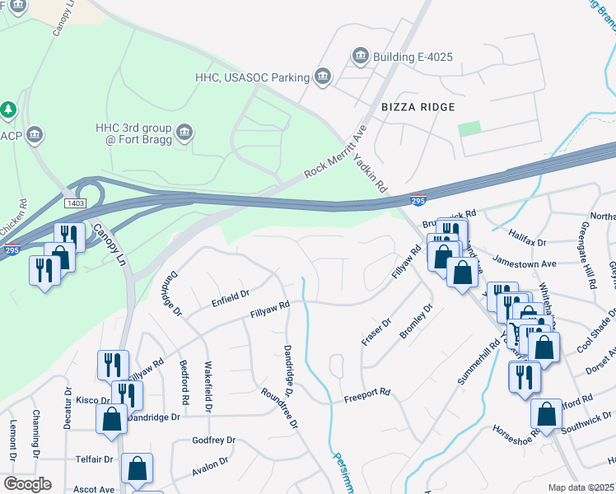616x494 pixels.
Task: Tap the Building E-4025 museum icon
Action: pyautogui.click(x=360, y=56)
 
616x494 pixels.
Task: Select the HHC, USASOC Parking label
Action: pyautogui.click(x=252, y=77)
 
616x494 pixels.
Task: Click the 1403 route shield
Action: pyautogui.click(x=75, y=202)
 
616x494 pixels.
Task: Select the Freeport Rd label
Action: pyautogui.click(x=366, y=394)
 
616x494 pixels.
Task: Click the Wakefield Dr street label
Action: pyautogui.click(x=208, y=387)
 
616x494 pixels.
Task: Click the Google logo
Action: pyautogui.click(x=26, y=484)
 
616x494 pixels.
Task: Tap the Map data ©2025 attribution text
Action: pyautogui.click(x=580, y=487)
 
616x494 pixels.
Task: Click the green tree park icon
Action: pyautogui.click(x=8, y=109)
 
